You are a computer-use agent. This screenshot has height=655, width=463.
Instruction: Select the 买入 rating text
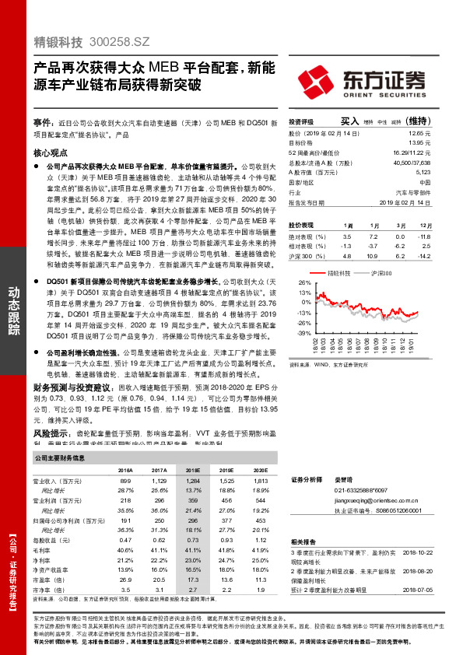pos(350,121)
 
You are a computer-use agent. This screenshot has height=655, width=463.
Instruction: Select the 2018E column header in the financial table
pos(192,471)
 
